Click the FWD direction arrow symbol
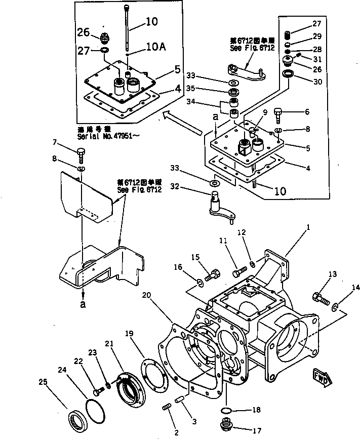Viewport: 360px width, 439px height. click(x=322, y=375)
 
